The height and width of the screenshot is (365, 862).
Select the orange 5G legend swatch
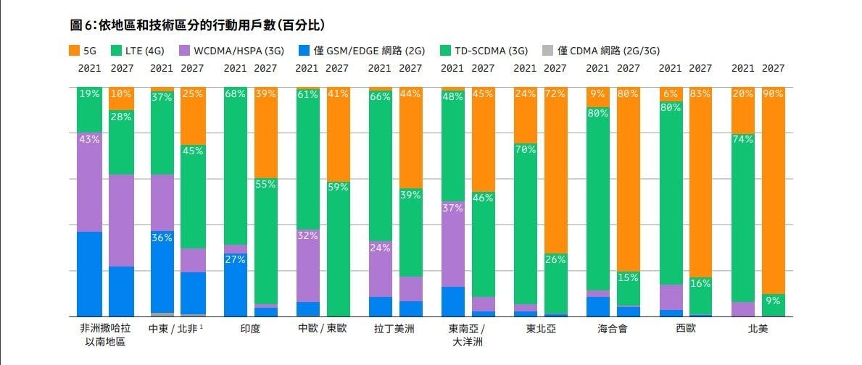(73, 51)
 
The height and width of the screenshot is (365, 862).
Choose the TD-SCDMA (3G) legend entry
(486, 51)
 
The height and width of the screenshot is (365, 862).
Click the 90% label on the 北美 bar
(773, 93)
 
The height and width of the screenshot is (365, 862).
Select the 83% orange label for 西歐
(700, 93)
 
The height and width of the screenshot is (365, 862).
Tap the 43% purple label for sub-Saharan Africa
(89, 139)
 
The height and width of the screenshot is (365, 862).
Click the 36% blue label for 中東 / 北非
(162, 237)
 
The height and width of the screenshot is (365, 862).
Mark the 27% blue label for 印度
(235, 259)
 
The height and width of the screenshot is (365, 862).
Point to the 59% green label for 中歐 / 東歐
(338, 186)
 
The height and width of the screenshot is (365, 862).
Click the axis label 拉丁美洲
(394, 328)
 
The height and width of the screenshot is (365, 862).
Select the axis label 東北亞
(541, 328)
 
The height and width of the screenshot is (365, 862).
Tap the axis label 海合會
(613, 328)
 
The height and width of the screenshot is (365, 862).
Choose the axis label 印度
(250, 328)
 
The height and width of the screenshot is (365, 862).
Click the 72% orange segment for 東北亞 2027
(555, 174)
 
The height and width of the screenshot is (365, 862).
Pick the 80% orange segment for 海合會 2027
(628, 181)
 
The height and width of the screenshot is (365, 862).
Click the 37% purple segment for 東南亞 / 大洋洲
(452, 243)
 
